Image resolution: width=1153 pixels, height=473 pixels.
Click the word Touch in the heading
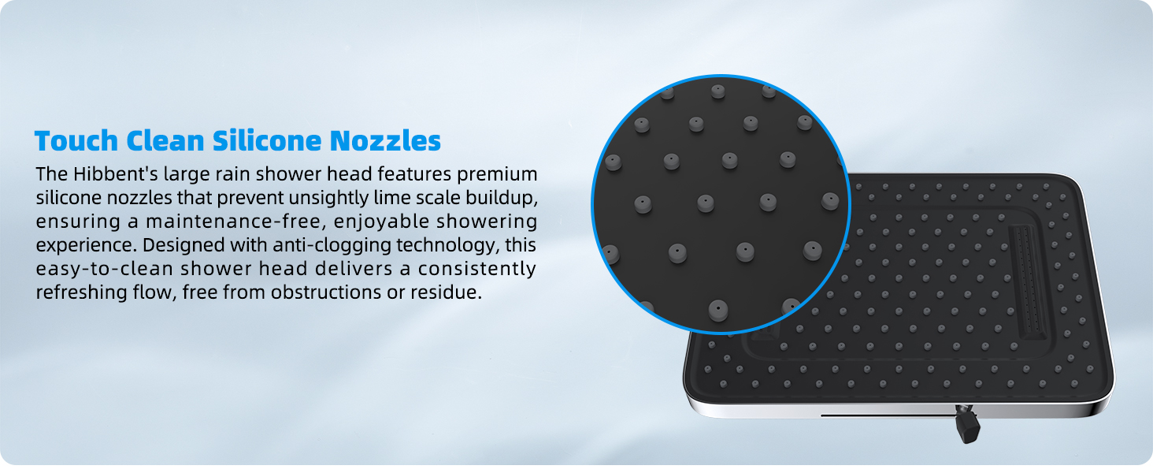[x=76, y=140]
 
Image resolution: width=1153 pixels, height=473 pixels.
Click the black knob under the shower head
[x=968, y=426]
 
